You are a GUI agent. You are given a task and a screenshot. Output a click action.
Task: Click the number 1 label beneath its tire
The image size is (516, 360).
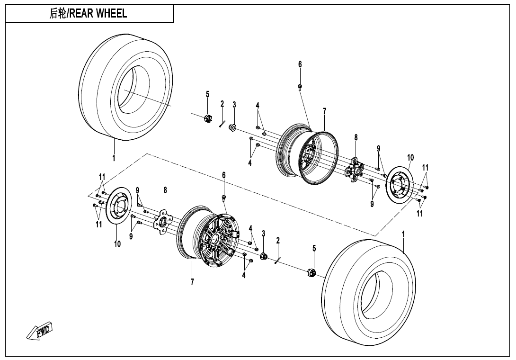click(x=114, y=158)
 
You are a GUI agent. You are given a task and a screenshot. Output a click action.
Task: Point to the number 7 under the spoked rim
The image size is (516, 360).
click(x=192, y=282)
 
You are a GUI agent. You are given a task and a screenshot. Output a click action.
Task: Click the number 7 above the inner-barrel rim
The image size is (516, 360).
click(x=324, y=111)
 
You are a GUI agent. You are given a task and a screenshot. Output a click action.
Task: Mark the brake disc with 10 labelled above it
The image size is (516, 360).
click(x=400, y=185)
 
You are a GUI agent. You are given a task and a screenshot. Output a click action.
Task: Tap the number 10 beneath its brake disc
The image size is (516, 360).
click(x=117, y=244)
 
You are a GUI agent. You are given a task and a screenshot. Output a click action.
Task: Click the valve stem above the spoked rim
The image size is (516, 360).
click(x=224, y=197)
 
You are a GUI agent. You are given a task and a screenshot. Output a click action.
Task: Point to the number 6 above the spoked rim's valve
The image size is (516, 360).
click(x=224, y=175)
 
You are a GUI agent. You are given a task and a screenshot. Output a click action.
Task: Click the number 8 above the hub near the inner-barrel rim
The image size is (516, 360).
click(x=356, y=137)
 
